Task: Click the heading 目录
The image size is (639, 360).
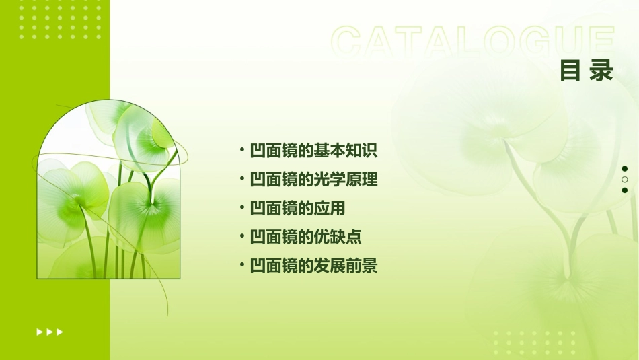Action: [x=587, y=71]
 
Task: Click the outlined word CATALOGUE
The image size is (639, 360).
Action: [x=472, y=42]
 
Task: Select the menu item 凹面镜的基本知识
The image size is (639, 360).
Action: [x=313, y=151]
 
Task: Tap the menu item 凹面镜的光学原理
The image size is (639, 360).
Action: [x=313, y=180]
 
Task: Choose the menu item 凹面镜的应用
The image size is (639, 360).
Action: [x=297, y=209]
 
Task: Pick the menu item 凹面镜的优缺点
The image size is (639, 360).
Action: [x=305, y=237]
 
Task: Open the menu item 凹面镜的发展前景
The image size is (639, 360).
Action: [x=313, y=266]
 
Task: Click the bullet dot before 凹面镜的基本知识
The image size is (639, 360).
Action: [x=241, y=150]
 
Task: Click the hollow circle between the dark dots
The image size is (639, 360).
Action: [x=625, y=180]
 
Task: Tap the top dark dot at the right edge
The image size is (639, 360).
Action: [x=625, y=169]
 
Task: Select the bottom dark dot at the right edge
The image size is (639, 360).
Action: [x=625, y=190]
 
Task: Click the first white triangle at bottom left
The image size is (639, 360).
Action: [x=40, y=332]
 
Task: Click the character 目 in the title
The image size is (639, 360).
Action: [x=570, y=71]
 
